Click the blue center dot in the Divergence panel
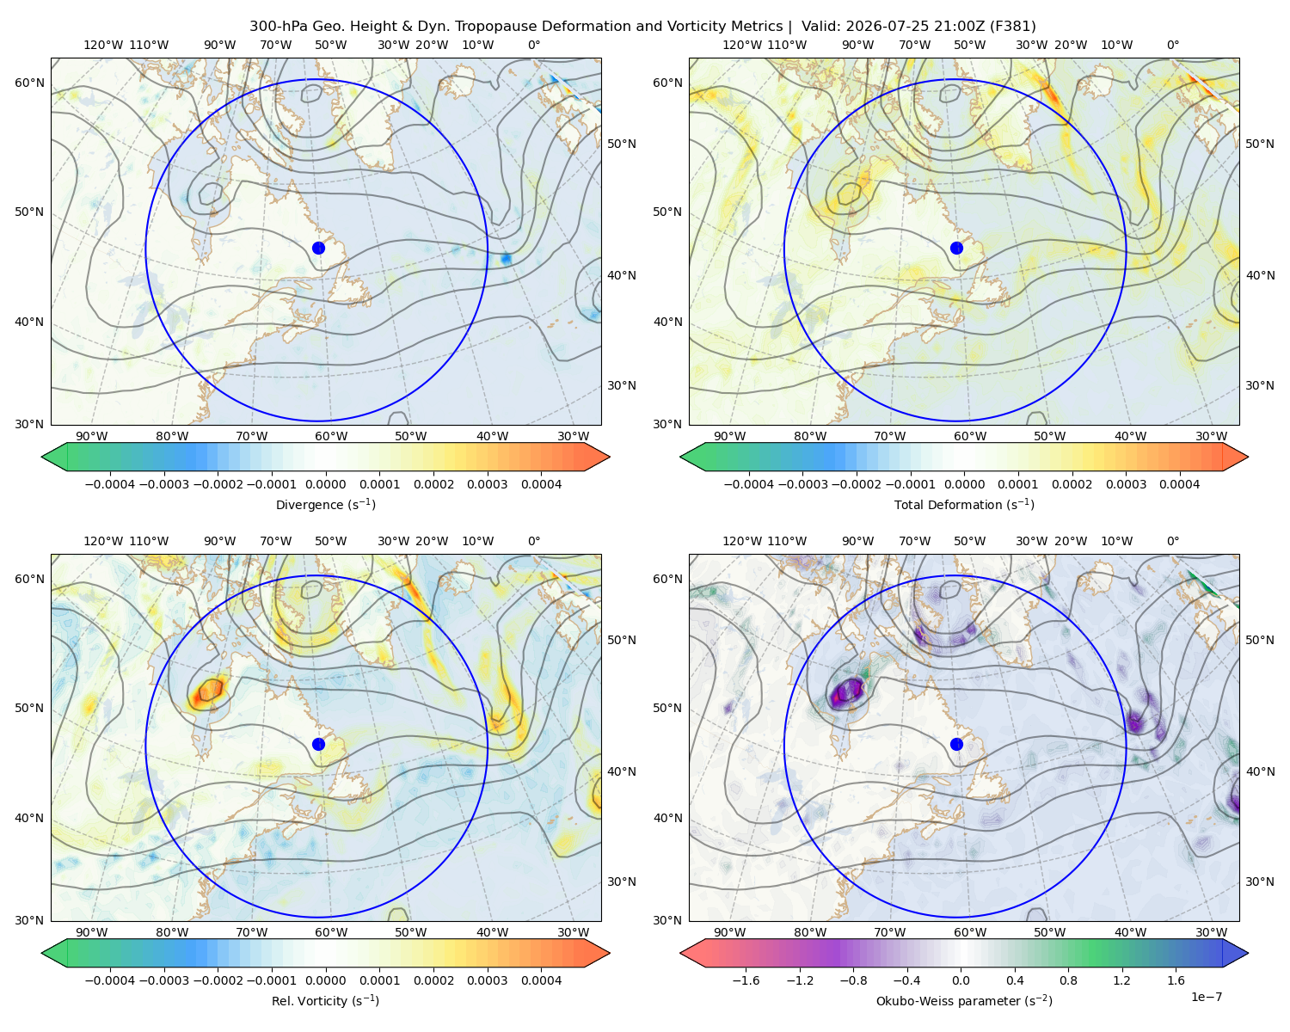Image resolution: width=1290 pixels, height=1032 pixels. point(318,248)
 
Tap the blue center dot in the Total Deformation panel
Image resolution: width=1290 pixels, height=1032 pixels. point(956,248)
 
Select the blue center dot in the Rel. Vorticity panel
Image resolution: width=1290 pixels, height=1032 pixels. point(318,744)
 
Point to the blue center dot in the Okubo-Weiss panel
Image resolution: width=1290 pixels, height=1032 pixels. point(956,744)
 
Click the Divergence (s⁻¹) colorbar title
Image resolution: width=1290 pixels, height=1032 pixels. point(325,505)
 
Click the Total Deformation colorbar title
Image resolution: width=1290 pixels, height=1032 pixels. point(964,505)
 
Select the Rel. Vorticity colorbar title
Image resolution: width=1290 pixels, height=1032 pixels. point(325,1001)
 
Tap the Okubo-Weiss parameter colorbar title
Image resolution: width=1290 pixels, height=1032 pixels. point(964,1001)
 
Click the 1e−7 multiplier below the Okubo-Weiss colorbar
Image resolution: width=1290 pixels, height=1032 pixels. point(1206,997)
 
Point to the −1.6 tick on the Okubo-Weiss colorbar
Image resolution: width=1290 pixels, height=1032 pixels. point(746,980)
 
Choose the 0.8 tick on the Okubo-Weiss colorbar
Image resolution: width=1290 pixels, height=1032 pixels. point(1068,980)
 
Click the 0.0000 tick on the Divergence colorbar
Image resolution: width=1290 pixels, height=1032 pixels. point(325,484)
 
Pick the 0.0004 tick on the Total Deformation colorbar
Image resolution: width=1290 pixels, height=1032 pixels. point(1179,484)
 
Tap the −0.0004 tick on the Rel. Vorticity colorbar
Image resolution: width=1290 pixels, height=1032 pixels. point(110,980)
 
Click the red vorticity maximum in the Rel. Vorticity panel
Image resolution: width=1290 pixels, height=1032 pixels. point(210,691)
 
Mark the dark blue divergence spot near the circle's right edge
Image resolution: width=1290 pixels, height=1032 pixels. point(506,259)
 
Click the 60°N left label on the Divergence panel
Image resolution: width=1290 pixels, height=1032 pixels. point(29,83)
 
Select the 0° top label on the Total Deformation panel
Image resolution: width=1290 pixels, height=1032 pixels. point(1173,45)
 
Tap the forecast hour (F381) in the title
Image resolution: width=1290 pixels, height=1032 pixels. point(1014,27)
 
